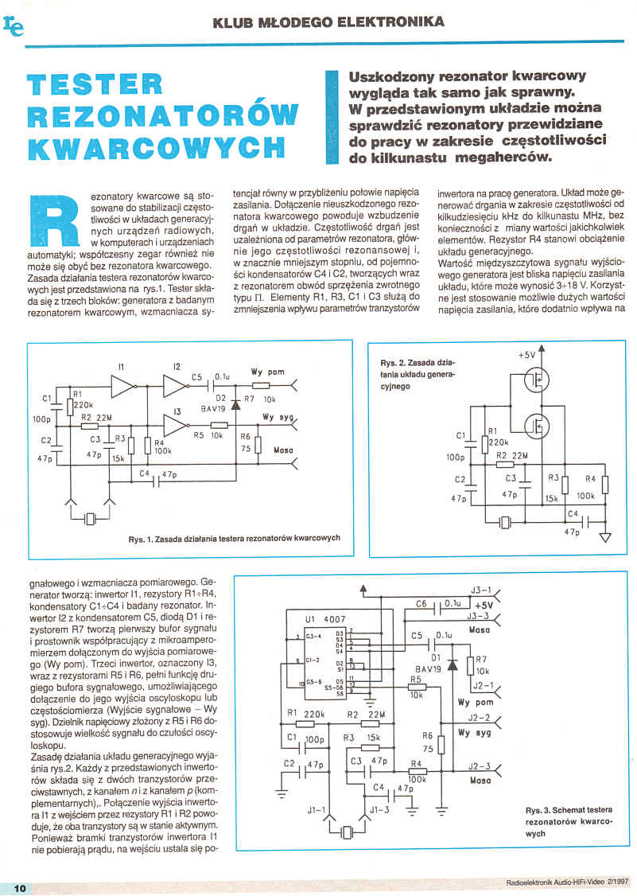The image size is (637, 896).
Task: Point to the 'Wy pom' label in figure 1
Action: click(x=266, y=372)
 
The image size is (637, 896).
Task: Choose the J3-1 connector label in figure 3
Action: click(x=481, y=590)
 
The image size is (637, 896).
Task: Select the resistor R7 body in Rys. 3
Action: click(x=470, y=665)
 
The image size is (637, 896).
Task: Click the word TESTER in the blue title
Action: click(x=94, y=85)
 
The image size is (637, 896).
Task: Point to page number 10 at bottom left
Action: click(x=21, y=887)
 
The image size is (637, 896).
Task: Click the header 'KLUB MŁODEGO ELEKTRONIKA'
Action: click(x=328, y=22)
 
